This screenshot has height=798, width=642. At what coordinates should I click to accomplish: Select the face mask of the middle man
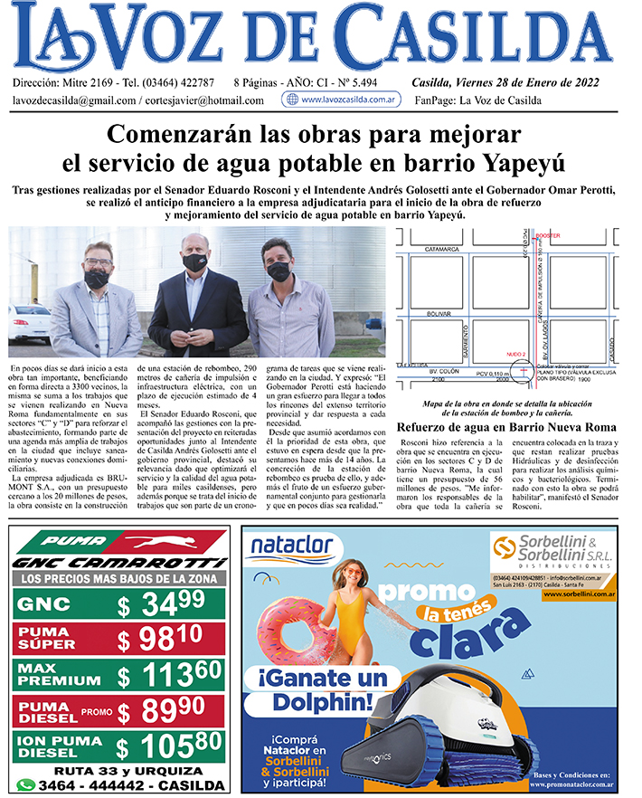pos(194,262)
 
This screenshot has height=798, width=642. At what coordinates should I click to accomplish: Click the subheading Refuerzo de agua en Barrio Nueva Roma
pos(506,427)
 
